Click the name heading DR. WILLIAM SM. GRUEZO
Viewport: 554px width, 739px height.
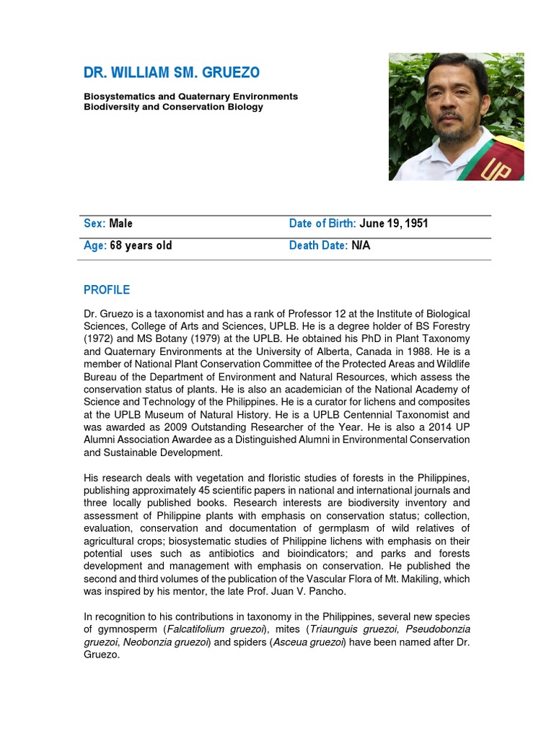pyautogui.click(x=172, y=73)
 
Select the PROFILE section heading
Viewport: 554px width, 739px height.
pyautogui.click(x=107, y=290)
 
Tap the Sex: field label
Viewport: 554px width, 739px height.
pyautogui.click(x=94, y=224)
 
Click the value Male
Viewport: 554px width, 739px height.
pyautogui.click(x=121, y=224)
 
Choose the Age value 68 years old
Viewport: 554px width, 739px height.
pyautogui.click(x=141, y=245)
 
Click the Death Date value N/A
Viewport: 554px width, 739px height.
pyautogui.click(x=361, y=245)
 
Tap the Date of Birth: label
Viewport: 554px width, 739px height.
pyautogui.click(x=322, y=224)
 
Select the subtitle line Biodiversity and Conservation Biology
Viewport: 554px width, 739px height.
pyautogui.click(x=173, y=107)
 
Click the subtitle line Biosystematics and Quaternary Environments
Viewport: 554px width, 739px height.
pyautogui.click(x=190, y=96)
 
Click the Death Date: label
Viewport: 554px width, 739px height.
pyautogui.click(x=318, y=245)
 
